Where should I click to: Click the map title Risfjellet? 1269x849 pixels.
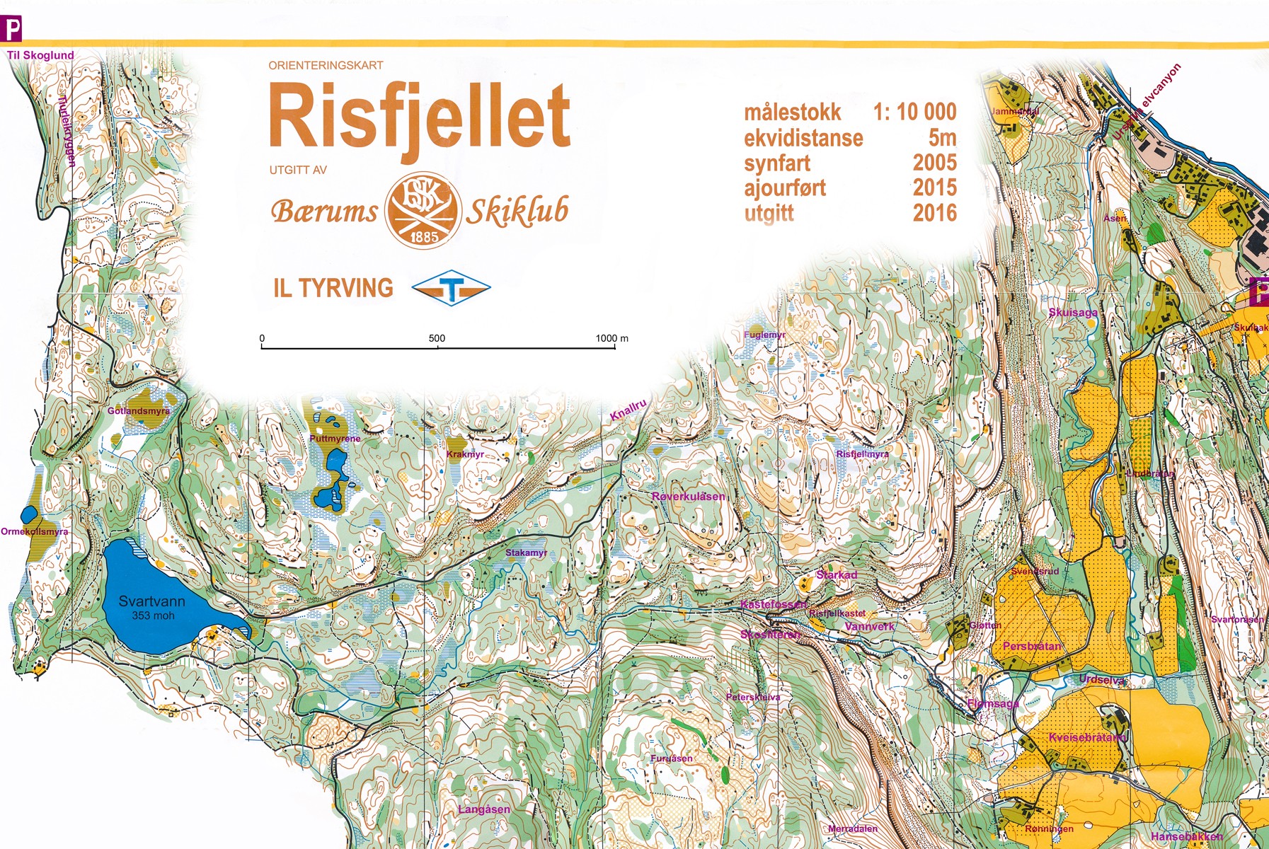[x=419, y=117]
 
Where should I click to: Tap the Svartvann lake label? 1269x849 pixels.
[x=151, y=601]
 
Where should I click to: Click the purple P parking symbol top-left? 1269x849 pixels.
[x=11, y=30]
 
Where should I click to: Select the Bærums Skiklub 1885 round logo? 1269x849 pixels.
[x=423, y=210]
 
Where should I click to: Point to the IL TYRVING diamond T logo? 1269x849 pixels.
[x=452, y=288]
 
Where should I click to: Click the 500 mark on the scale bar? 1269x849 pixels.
[x=437, y=338]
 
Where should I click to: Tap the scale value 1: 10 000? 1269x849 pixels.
[x=914, y=112]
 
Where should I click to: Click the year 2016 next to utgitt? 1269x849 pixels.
[x=934, y=213]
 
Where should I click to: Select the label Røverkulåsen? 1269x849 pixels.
[x=688, y=497]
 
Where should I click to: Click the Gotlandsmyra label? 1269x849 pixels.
[x=139, y=410]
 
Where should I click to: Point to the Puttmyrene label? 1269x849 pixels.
[x=335, y=439]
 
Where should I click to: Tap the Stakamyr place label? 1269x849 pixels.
[x=526, y=553]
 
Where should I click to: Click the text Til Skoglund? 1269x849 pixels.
[x=40, y=55]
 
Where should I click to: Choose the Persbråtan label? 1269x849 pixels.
[x=1032, y=646]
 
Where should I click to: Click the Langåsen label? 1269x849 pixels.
[x=484, y=809]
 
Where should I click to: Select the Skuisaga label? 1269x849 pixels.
[x=1073, y=313]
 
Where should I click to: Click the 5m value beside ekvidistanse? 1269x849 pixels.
[x=942, y=137]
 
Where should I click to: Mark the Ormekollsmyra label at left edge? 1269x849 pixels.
[x=34, y=531]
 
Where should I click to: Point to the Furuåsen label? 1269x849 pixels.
[x=672, y=758]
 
